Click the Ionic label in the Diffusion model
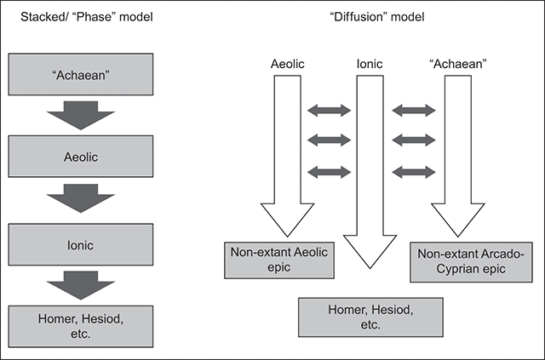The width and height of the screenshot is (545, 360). (369, 64)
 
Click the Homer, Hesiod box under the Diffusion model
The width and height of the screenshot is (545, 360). (369, 317)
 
